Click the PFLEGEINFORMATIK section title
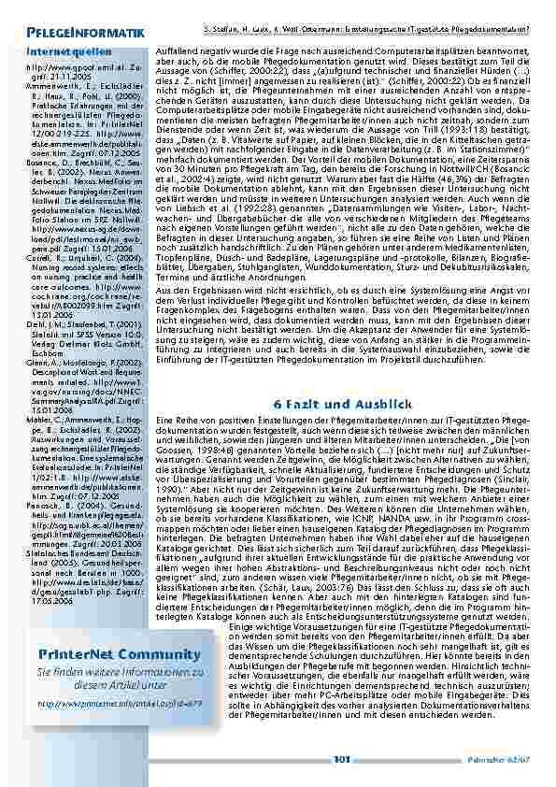tap(85, 34)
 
